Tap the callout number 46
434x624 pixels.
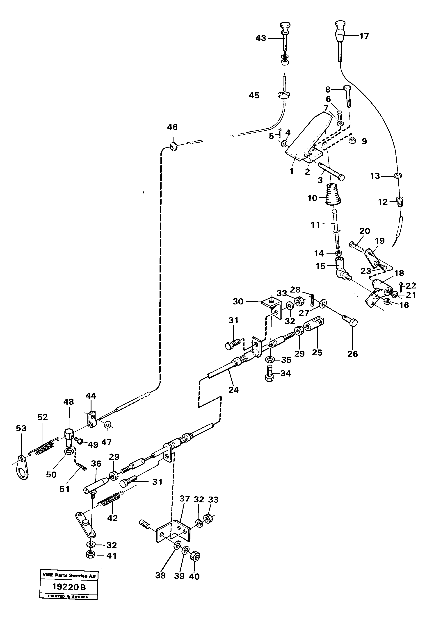pyautogui.click(x=172, y=127)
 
